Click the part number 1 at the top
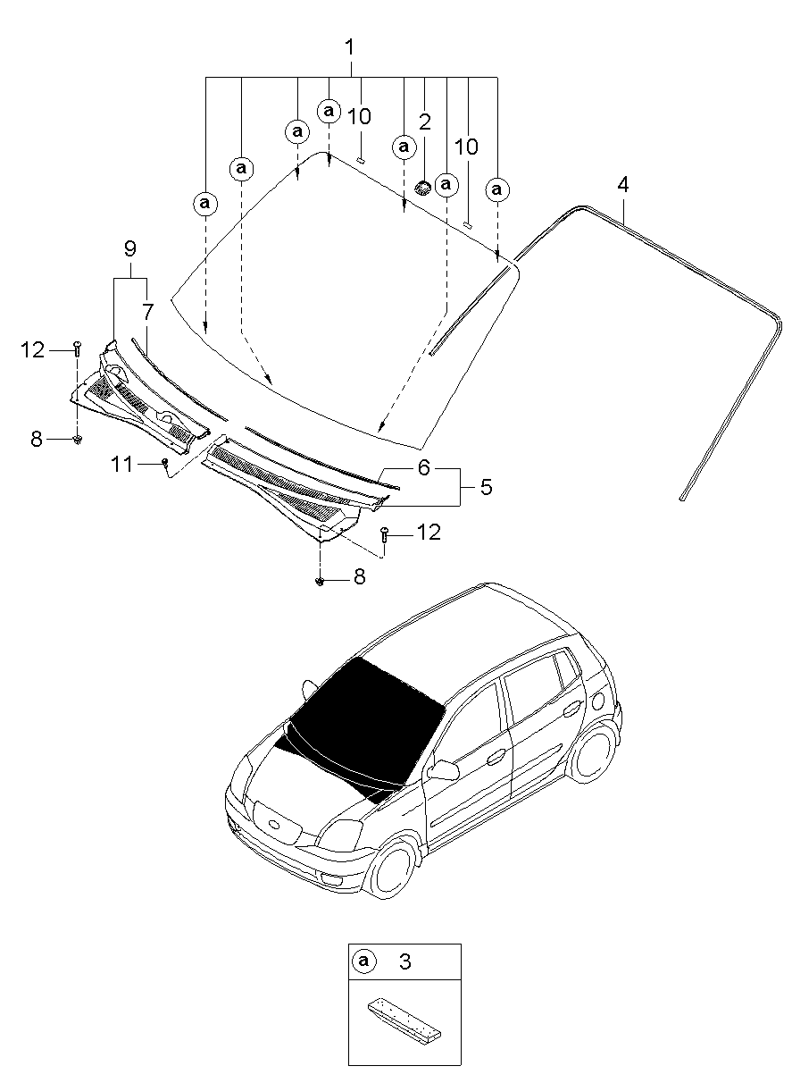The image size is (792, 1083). pyautogui.click(x=349, y=47)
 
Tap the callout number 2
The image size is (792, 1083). pyautogui.click(x=424, y=122)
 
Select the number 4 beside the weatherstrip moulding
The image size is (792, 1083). pyautogui.click(x=623, y=185)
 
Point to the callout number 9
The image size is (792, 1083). pyautogui.click(x=130, y=248)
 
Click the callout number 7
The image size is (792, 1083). pyautogui.click(x=147, y=312)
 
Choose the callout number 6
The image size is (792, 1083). pyautogui.click(x=423, y=467)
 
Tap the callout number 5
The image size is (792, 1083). pyautogui.click(x=486, y=487)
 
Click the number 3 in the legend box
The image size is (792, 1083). pyautogui.click(x=405, y=961)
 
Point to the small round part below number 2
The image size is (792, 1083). pyautogui.click(x=423, y=188)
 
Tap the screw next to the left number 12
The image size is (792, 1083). pyautogui.click(x=78, y=348)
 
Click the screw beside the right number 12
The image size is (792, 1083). pyautogui.click(x=385, y=534)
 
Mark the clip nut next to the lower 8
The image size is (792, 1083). pyautogui.click(x=319, y=581)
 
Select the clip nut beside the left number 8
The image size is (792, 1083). pyautogui.click(x=77, y=440)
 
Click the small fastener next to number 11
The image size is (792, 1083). pyautogui.click(x=165, y=462)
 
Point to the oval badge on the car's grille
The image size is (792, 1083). pyautogui.click(x=277, y=824)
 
